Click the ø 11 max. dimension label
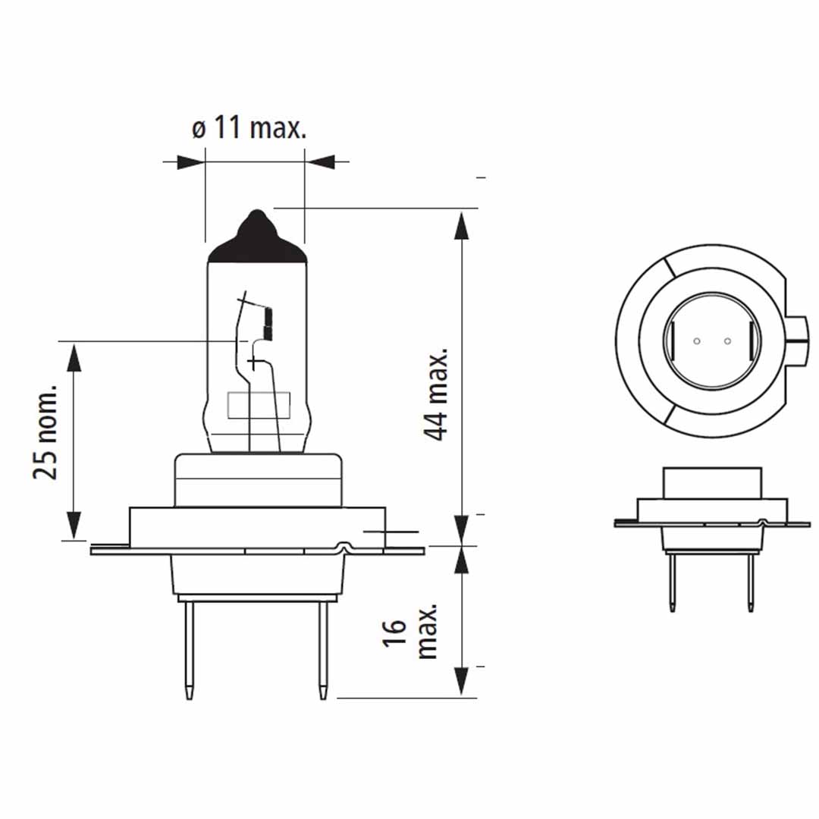tap(249, 128)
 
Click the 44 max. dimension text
tap(437, 394)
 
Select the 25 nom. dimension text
tap(45, 431)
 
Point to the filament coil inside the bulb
tap(266, 323)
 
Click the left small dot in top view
tap(696, 340)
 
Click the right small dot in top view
tap(726, 340)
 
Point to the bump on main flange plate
tap(346, 545)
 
